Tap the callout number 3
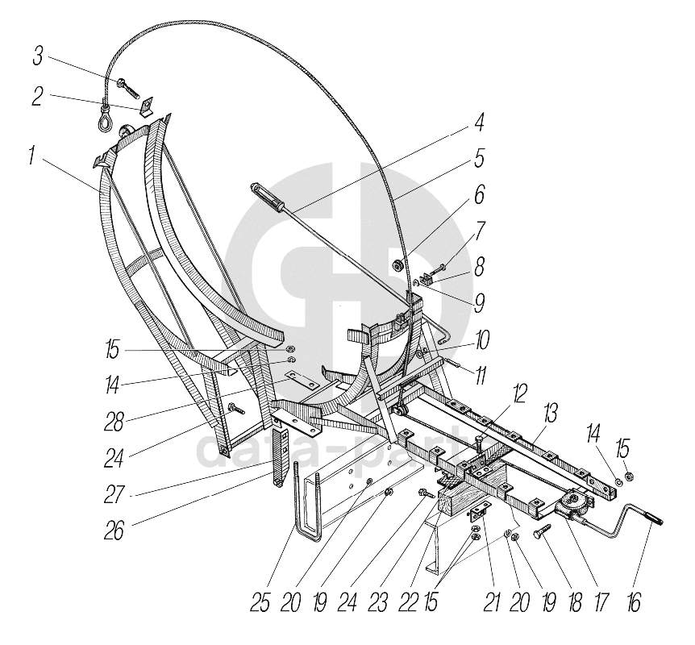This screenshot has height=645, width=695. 38,59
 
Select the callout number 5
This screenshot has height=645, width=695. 479,159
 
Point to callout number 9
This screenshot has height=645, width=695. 480,303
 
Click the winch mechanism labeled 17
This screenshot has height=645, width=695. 573,506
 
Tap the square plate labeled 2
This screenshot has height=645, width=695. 147,106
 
